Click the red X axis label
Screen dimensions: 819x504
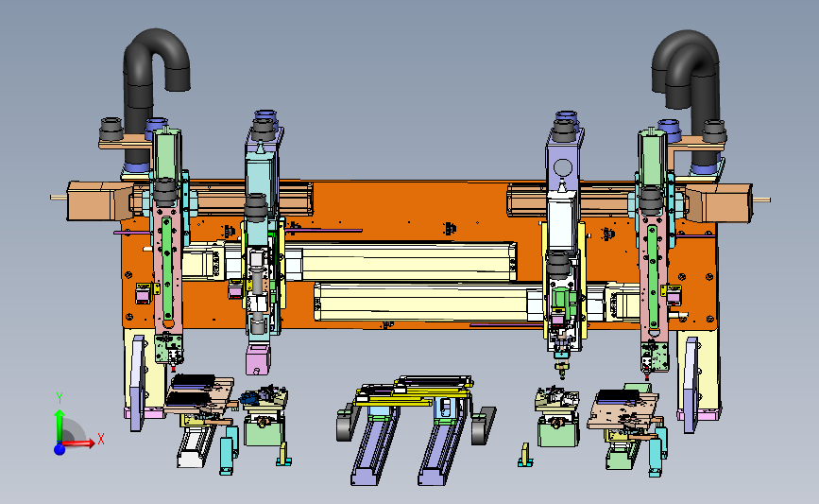(101, 439)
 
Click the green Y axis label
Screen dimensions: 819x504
(60, 398)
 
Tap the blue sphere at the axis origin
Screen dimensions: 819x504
(60, 448)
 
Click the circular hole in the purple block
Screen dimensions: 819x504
(563, 168)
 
